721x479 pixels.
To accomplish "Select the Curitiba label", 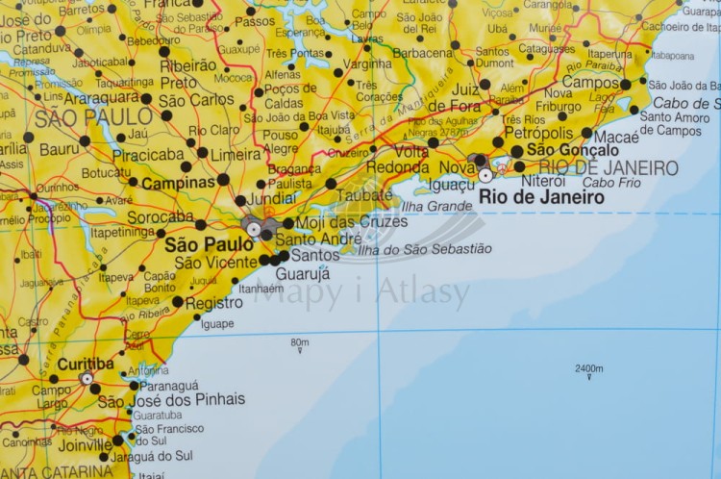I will click(x=86, y=365).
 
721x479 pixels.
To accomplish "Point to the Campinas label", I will click(x=178, y=182).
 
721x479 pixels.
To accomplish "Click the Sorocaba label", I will click(x=161, y=217).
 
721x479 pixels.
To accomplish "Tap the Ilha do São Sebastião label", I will click(x=424, y=249).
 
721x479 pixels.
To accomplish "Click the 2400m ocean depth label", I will click(x=588, y=368).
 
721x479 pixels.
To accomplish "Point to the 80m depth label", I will click(x=300, y=341).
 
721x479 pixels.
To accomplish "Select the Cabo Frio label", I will click(x=611, y=182).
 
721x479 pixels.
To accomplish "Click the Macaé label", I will click(x=616, y=138).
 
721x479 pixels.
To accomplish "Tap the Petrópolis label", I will click(x=539, y=133).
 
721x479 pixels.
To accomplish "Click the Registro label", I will click(x=213, y=303).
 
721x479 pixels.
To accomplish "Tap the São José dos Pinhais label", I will click(x=171, y=400).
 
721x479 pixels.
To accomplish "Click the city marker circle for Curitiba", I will click(x=87, y=379).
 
